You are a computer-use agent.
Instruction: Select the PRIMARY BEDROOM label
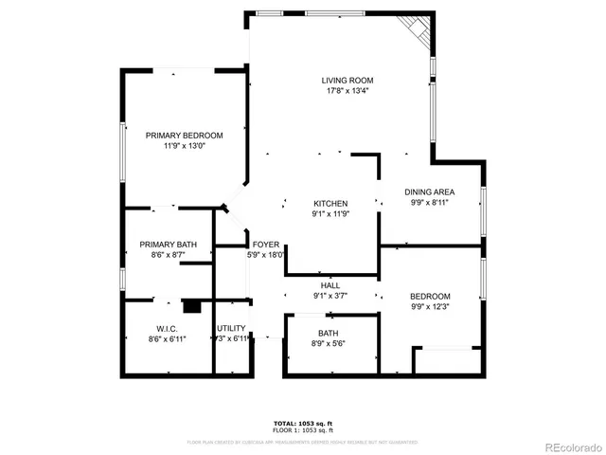(x=184, y=136)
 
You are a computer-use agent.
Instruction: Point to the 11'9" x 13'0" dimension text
(x=184, y=147)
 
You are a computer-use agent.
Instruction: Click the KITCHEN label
(x=331, y=204)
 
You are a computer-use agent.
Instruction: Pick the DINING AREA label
(x=430, y=191)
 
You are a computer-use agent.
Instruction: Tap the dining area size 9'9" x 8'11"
(x=430, y=203)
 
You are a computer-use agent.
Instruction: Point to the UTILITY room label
(x=232, y=328)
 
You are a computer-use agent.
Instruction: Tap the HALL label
(x=330, y=285)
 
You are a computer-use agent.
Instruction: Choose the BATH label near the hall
(x=329, y=333)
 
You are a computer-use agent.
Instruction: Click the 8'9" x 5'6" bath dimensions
(x=329, y=344)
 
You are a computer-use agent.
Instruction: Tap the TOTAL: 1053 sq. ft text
(x=303, y=423)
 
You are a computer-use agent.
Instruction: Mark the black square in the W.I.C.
(x=192, y=306)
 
